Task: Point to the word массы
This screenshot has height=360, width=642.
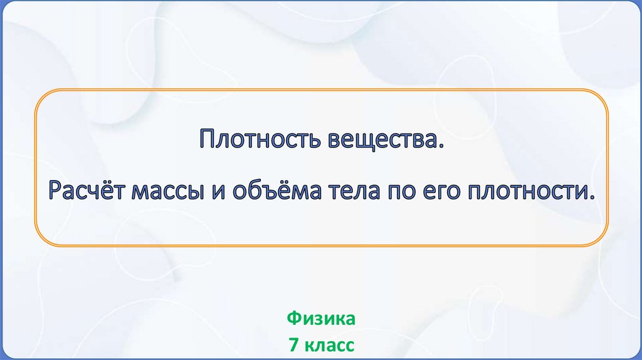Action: pyautogui.click(x=167, y=192)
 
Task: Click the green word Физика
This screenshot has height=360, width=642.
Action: pyautogui.click(x=321, y=319)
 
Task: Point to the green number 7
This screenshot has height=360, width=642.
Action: pyautogui.click(x=293, y=344)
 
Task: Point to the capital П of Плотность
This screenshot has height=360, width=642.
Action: pyautogui.click(x=208, y=140)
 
